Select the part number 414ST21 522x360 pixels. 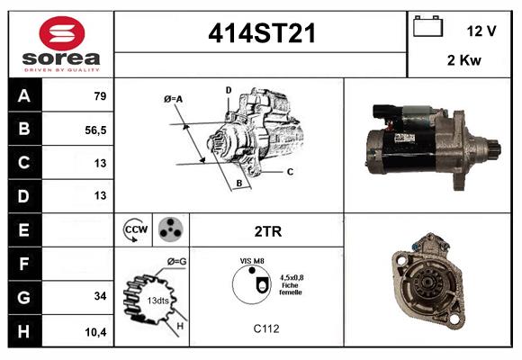tap(261, 32)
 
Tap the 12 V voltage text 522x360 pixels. tap(481, 30)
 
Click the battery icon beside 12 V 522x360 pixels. tap(426, 27)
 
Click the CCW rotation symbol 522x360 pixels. tap(135, 229)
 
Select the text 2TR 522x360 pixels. tap(268, 231)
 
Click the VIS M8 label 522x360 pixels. tap(252, 260)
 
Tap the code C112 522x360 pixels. tap(267, 328)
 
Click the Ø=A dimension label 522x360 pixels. tap(174, 98)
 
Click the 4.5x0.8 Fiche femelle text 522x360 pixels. tap(290, 285)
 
